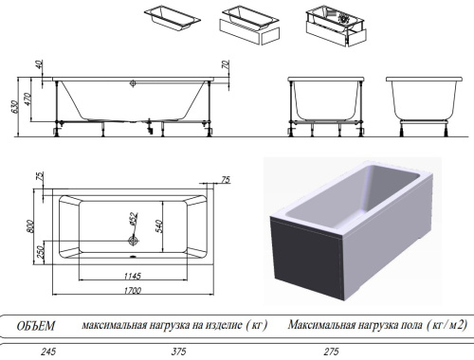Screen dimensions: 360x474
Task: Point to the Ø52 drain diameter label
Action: coord(134,221)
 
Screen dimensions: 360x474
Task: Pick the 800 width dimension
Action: coord(30,225)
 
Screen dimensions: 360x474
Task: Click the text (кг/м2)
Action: coord(447,325)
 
